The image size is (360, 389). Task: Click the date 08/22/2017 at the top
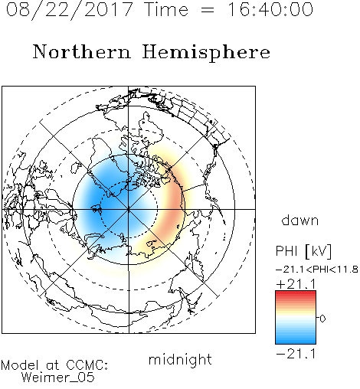point(69,10)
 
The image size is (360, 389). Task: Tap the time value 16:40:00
point(270,9)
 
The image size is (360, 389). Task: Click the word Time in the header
point(166,9)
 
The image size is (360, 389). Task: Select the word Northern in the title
point(82,51)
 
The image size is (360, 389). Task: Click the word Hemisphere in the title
point(206,53)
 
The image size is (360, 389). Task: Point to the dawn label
point(300,220)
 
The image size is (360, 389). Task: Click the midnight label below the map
point(180,359)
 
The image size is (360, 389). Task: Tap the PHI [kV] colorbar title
point(303,251)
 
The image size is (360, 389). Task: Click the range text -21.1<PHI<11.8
point(317,270)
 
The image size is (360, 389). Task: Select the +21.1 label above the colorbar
point(296,284)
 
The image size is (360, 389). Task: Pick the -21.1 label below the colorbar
point(296,354)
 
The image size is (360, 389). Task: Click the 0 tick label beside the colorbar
point(322,319)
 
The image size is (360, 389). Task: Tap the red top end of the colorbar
point(296,293)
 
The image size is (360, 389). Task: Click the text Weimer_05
point(58,378)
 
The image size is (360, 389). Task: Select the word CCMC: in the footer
point(87,365)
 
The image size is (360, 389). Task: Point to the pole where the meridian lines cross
point(129,209)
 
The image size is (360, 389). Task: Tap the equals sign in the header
point(208,10)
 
